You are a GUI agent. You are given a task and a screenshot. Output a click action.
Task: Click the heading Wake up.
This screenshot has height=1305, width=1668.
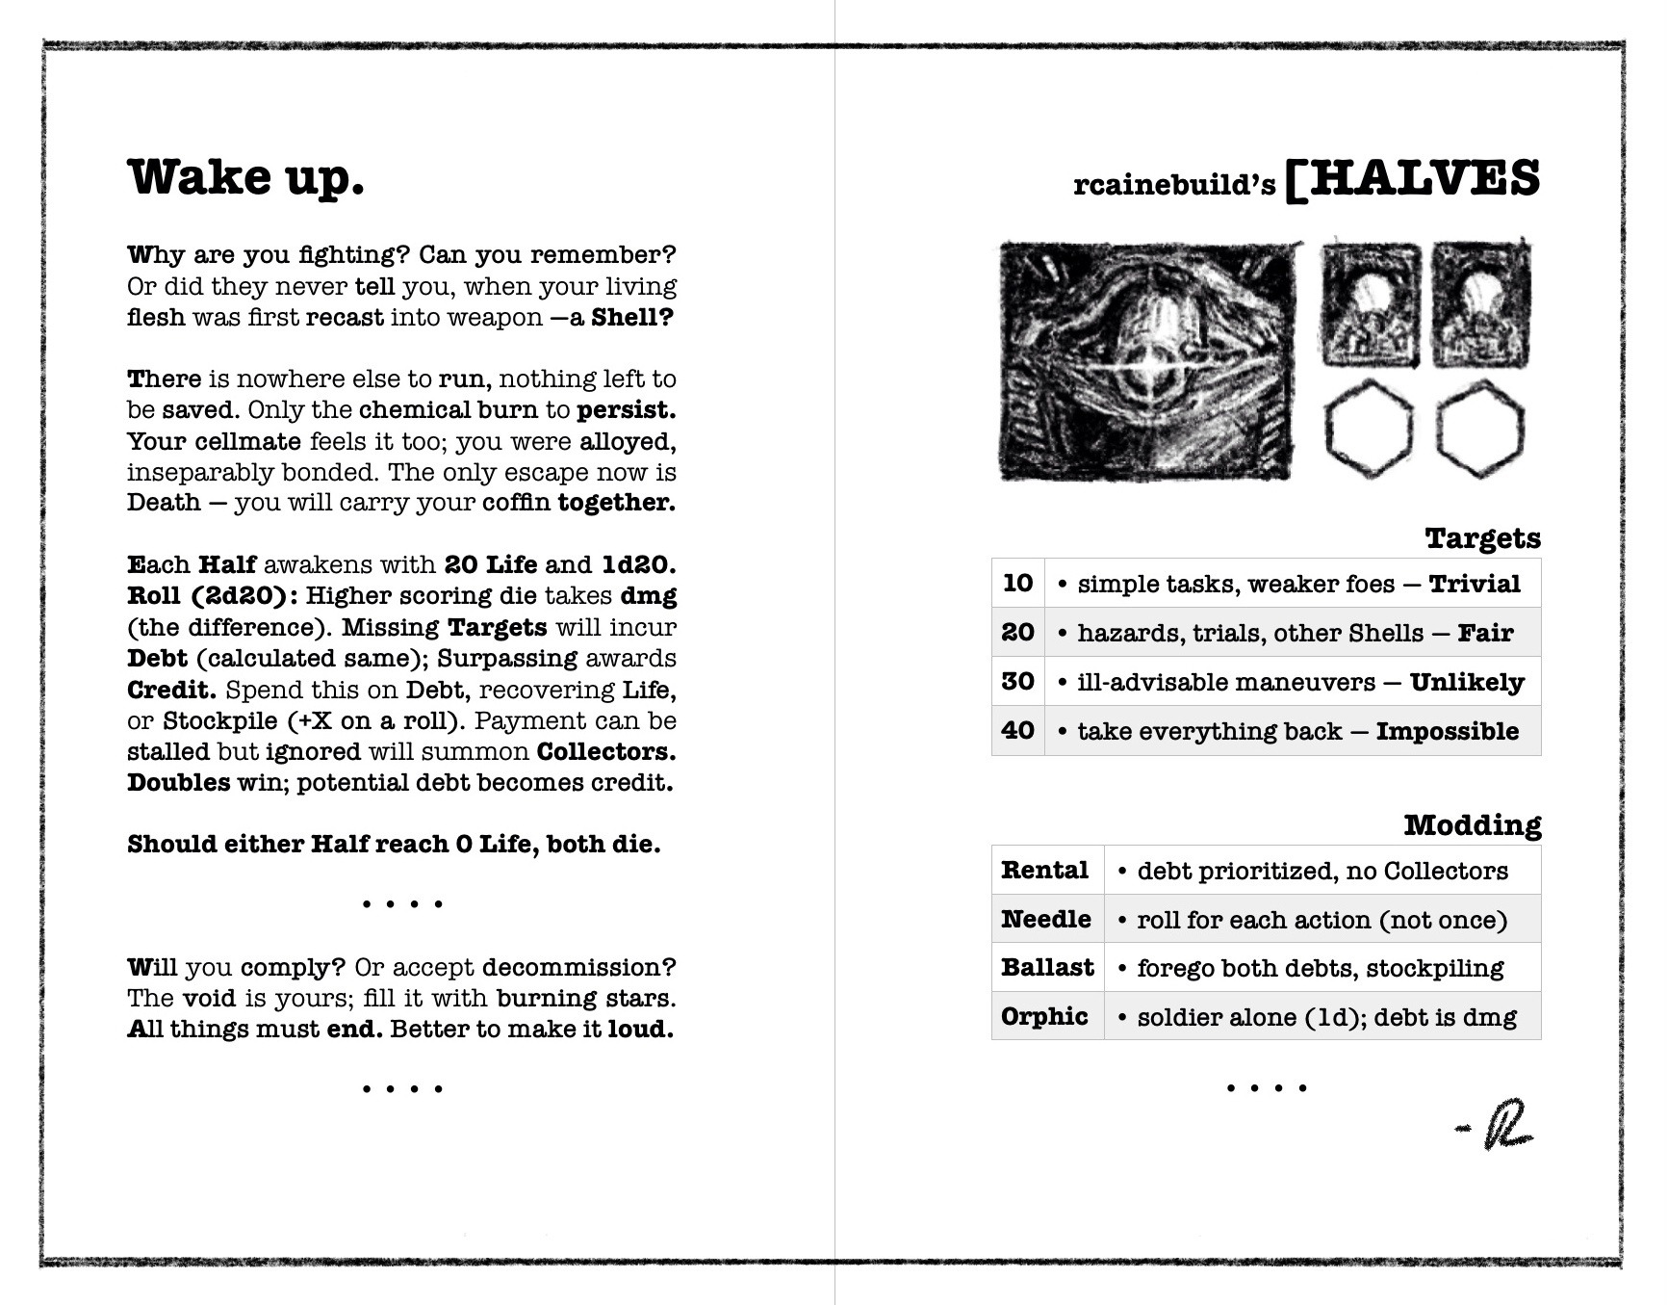tap(245, 178)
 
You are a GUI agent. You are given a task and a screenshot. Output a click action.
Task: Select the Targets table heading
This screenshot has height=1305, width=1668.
tap(1482, 538)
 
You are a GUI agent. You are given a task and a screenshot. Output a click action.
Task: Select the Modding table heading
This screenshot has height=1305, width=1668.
tap(1472, 825)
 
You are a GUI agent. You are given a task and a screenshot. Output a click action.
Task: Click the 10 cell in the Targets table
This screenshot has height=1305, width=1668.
tap(1017, 584)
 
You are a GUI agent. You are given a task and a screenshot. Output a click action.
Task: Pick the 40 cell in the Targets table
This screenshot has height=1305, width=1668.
tap(1017, 731)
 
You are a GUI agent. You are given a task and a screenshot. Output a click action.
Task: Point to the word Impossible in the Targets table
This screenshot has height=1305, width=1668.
tap(1447, 732)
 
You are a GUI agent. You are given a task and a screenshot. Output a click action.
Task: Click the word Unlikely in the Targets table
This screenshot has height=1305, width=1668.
tap(1467, 683)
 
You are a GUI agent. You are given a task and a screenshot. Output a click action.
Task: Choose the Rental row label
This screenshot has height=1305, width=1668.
tap(1044, 871)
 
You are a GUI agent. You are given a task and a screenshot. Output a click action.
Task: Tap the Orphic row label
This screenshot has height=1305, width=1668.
tap(1044, 1017)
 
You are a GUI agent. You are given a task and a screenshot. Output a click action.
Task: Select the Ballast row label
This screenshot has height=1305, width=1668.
tap(1047, 968)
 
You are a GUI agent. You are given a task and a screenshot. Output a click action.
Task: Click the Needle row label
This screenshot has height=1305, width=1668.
tap(1045, 920)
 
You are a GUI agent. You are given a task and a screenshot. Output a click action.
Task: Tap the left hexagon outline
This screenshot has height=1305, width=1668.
tap(1369, 429)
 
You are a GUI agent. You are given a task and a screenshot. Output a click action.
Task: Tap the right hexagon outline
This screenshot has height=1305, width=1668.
tap(1480, 429)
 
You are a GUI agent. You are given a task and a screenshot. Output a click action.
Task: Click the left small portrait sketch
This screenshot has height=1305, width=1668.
tap(1371, 305)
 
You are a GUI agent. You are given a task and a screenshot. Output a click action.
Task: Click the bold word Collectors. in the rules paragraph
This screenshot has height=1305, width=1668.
tap(605, 752)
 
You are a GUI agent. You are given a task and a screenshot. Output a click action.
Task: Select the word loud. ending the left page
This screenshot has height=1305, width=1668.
tap(640, 1030)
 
